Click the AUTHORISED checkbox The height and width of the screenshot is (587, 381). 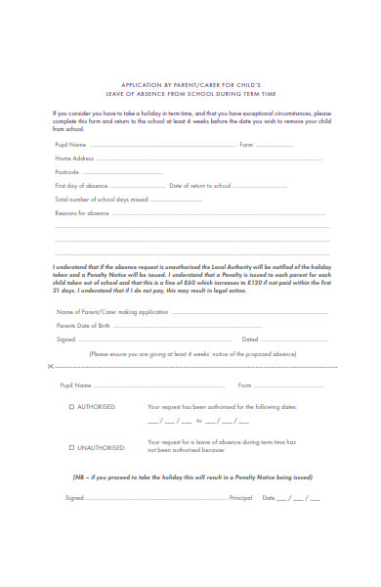pyautogui.click(x=70, y=406)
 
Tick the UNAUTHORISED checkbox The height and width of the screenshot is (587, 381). pyautogui.click(x=70, y=447)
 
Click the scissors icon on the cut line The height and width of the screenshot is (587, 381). pyautogui.click(x=50, y=366)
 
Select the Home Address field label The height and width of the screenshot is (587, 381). pyautogui.click(x=74, y=158)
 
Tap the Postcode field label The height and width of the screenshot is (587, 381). pyautogui.click(x=67, y=171)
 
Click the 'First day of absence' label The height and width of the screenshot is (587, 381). pyautogui.click(x=81, y=185)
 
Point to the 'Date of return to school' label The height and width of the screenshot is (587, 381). pyautogui.click(x=200, y=185)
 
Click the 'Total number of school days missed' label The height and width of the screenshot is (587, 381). pyautogui.click(x=102, y=199)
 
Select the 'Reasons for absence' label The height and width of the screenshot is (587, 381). pyautogui.click(x=82, y=212)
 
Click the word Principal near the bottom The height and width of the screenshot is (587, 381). pyautogui.click(x=240, y=525)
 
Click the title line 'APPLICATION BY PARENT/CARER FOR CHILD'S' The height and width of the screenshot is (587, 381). pyautogui.click(x=191, y=85)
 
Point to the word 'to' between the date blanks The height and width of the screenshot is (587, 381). pyautogui.click(x=198, y=422)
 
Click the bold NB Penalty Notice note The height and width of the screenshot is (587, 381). pyautogui.click(x=191, y=477)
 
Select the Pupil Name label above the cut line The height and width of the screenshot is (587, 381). pyautogui.click(x=70, y=144)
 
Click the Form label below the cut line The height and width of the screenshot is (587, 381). pyautogui.click(x=245, y=384)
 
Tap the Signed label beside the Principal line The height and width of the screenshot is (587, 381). pyautogui.click(x=74, y=525)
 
